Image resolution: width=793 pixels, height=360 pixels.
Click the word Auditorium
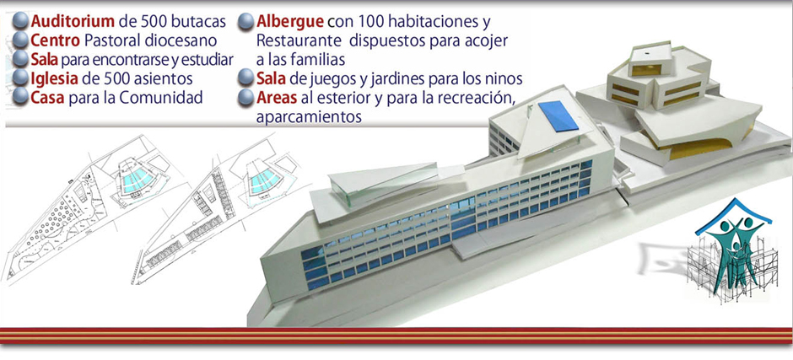point(73,22)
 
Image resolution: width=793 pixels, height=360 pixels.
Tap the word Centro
point(56,40)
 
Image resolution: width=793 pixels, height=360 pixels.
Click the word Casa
point(47,97)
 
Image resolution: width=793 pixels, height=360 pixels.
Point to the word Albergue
point(290,22)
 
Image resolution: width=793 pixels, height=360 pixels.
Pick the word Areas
point(276,98)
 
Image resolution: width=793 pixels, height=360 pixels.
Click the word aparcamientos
point(309,117)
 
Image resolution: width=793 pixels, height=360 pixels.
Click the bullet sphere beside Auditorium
point(21,21)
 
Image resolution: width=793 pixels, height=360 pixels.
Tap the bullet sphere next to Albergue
point(245,22)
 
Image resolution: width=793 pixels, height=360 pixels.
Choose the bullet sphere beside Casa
point(21,97)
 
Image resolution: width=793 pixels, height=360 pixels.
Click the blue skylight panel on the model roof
point(558,116)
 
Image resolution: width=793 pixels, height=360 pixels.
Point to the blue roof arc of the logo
point(733,212)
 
